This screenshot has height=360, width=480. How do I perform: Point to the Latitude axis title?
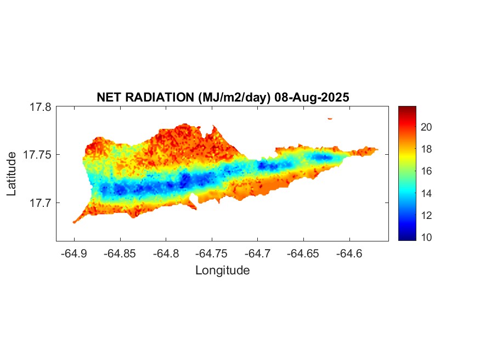12,175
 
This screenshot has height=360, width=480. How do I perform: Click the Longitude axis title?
222,271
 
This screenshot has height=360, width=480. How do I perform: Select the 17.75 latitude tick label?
37,155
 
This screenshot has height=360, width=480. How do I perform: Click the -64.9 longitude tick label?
74,254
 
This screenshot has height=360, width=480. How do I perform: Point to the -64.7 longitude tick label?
258,254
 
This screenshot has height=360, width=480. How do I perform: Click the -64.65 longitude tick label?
304,254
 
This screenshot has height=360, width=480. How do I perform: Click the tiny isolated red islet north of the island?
330,119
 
